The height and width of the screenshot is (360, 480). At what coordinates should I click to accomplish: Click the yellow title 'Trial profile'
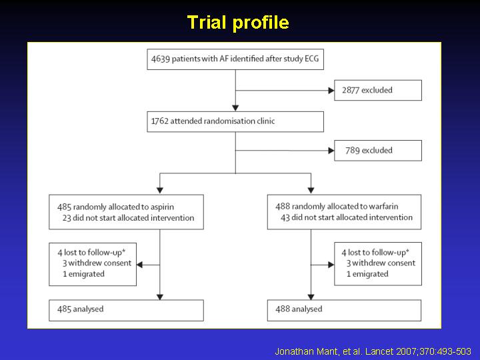pyautogui.click(x=238, y=23)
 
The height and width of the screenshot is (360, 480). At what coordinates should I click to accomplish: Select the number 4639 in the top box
pyautogui.click(x=161, y=59)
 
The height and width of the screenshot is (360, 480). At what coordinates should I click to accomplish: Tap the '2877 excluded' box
pyautogui.click(x=378, y=90)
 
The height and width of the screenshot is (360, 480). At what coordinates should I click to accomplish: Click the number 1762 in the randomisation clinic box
pyautogui.click(x=160, y=121)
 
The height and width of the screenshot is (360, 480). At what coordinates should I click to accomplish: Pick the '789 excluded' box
pyautogui.click(x=378, y=151)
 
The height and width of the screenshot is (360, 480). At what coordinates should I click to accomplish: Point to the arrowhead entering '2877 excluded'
pyautogui.click(x=331, y=91)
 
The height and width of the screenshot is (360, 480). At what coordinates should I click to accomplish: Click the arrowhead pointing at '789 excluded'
pyautogui.click(x=331, y=151)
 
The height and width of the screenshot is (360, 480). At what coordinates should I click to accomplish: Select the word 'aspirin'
pyautogui.click(x=163, y=207)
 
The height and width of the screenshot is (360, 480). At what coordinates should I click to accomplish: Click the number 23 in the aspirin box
pyautogui.click(x=67, y=218)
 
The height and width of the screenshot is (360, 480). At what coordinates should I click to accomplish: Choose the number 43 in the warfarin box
pyautogui.click(x=285, y=217)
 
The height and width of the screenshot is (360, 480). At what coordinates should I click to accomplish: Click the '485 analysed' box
pyautogui.click(x=126, y=311)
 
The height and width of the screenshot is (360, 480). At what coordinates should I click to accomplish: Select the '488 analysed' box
pyautogui.click(x=344, y=311)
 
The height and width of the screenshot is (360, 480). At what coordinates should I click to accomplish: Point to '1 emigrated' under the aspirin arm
pyautogui.click(x=83, y=274)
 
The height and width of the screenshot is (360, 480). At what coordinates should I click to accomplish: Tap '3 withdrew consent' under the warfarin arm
pyautogui.click(x=381, y=263)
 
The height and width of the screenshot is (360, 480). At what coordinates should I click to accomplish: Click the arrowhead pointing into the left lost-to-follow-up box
pyautogui.click(x=139, y=265)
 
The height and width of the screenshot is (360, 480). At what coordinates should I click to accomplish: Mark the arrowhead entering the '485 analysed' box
pyautogui.click(x=160, y=297)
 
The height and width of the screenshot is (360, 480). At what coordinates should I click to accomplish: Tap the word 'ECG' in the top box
pyautogui.click(x=311, y=59)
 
